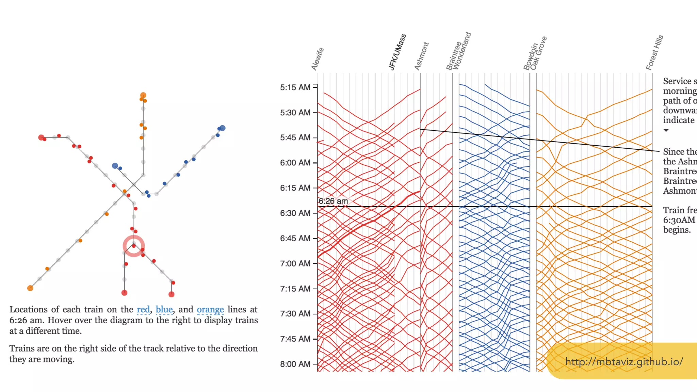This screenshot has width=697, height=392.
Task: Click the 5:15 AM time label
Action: pos(295,87)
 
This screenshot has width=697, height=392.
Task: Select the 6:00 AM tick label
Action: pos(295,163)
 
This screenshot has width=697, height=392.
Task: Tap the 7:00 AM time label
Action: pos(295,263)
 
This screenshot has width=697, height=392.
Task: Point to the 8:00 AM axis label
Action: pos(295,364)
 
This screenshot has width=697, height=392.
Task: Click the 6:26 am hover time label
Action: pos(333,201)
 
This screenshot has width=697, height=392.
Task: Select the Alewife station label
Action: pos(318,59)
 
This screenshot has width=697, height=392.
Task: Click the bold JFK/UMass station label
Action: pos(398,52)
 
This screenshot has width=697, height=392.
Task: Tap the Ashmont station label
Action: pos(422,56)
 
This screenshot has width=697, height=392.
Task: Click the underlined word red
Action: pos(143,310)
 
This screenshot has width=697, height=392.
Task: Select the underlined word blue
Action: pos(164,310)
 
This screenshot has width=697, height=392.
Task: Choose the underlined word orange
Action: pos(210,310)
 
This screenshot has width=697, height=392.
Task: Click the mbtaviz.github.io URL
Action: pos(624,362)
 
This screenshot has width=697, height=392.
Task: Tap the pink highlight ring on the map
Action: pos(134,246)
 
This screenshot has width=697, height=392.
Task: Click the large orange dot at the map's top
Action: pos(143,95)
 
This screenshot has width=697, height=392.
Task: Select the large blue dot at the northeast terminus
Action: pos(222,128)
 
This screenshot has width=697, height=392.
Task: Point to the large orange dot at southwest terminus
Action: pos(30,288)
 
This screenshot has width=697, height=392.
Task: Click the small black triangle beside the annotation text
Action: pos(666,130)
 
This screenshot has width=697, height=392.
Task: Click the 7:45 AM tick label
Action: pos(295,339)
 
